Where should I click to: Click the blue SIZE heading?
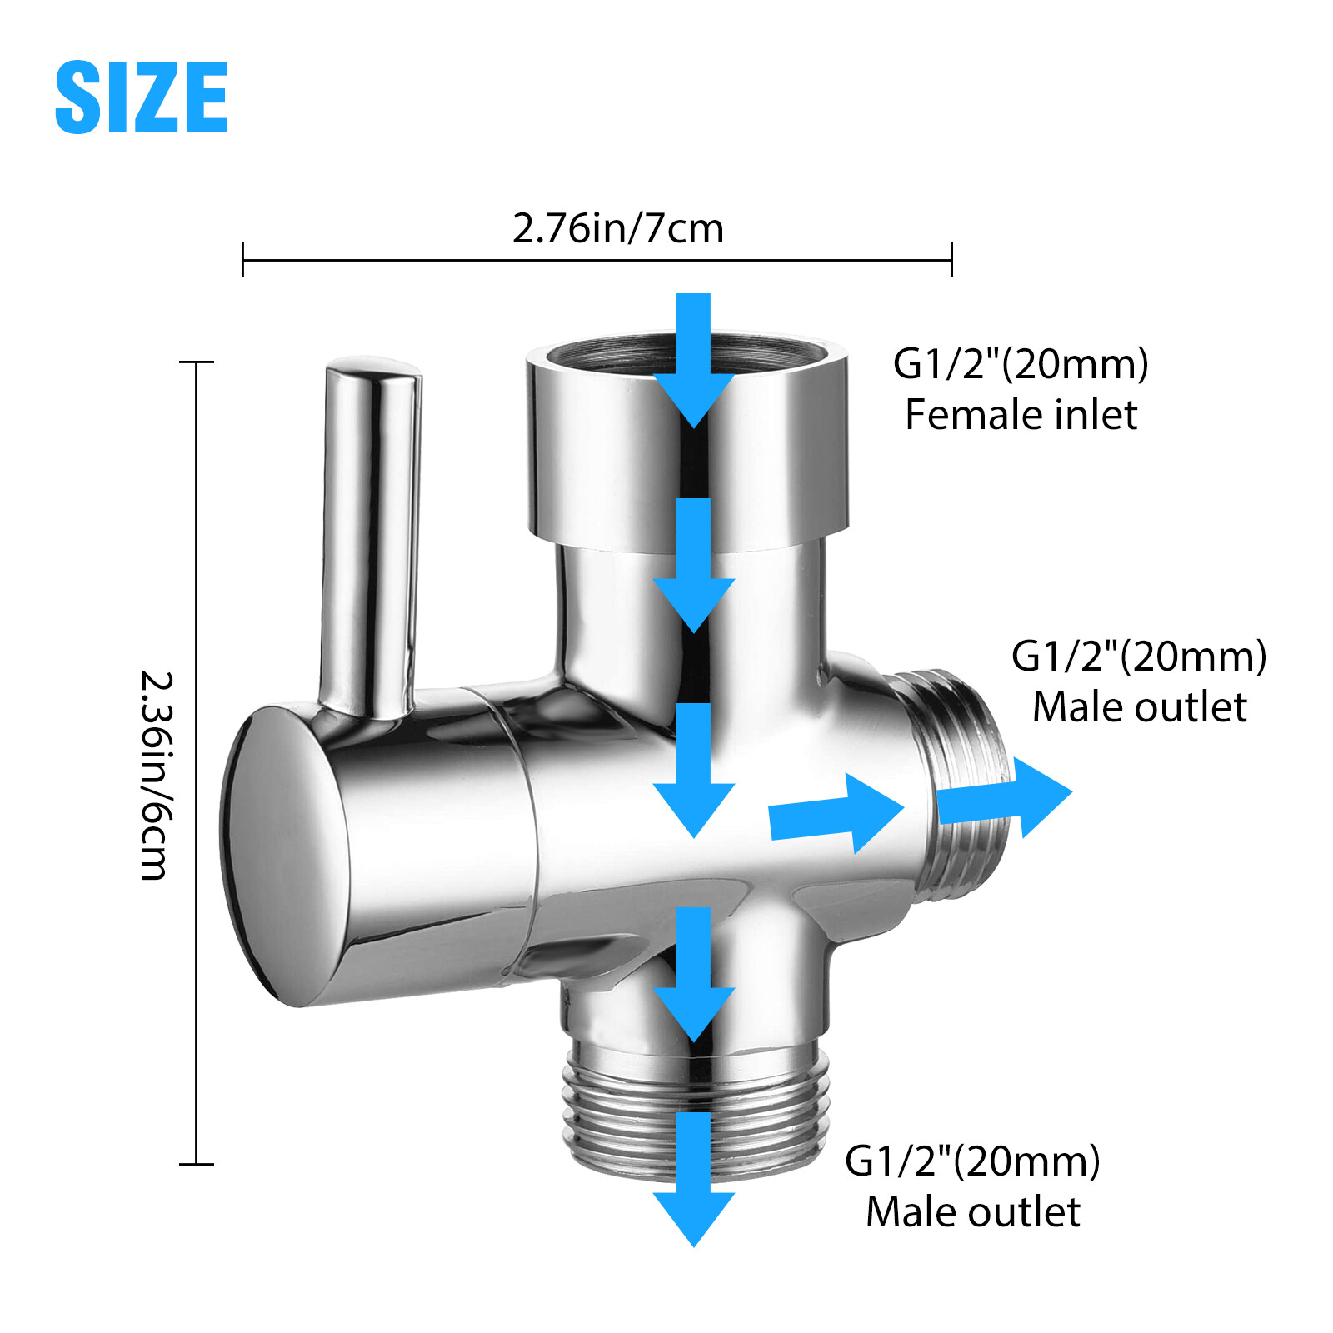pos(141,97)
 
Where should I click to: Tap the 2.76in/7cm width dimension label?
pos(617,228)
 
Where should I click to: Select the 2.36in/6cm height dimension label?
pos(156,775)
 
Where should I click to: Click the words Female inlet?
pos(1021,415)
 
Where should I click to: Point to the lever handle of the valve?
pos(371,533)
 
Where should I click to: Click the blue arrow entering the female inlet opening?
pos(693,358)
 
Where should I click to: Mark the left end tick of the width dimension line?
pos(242,260)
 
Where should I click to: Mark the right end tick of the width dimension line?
pos(951,260)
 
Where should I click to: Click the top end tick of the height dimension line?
pos(197,362)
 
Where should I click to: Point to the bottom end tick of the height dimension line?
pos(197,1164)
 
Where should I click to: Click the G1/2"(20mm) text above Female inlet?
pos(1021,364)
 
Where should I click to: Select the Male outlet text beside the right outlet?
pos(1139,707)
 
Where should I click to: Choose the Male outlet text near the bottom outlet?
pos(972,1211)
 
